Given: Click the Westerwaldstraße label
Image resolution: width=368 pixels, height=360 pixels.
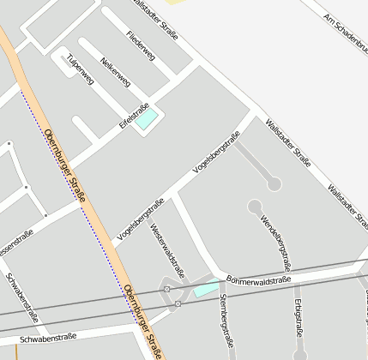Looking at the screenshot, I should (x=167, y=249).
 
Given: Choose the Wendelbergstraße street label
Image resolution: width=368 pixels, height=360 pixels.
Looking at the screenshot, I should (x=275, y=238).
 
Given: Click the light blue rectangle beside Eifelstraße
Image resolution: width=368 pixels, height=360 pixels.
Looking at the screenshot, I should (x=147, y=118).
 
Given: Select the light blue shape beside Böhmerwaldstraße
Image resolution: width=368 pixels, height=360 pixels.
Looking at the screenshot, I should (x=206, y=289).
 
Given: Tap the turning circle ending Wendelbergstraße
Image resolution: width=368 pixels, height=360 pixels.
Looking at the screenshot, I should (x=255, y=207).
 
